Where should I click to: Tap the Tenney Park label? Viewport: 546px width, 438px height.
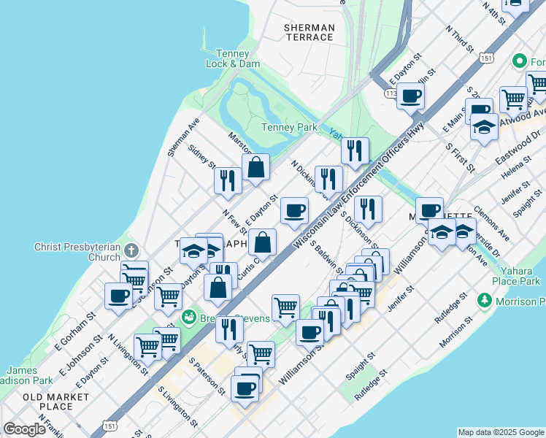point(289,127)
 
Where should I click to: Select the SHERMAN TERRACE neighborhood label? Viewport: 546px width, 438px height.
point(309,32)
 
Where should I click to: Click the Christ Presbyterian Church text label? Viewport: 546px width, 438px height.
point(77,252)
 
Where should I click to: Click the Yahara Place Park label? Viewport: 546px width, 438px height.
point(515,276)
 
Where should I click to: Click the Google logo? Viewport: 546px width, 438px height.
point(24,429)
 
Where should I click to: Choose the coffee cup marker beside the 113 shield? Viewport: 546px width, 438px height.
point(411,95)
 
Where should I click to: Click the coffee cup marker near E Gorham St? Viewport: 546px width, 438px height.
point(118,296)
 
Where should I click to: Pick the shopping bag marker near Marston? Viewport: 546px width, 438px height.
point(256,167)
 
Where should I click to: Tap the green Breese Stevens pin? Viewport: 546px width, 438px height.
point(189,317)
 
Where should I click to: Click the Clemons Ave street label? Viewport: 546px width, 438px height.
point(491,222)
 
